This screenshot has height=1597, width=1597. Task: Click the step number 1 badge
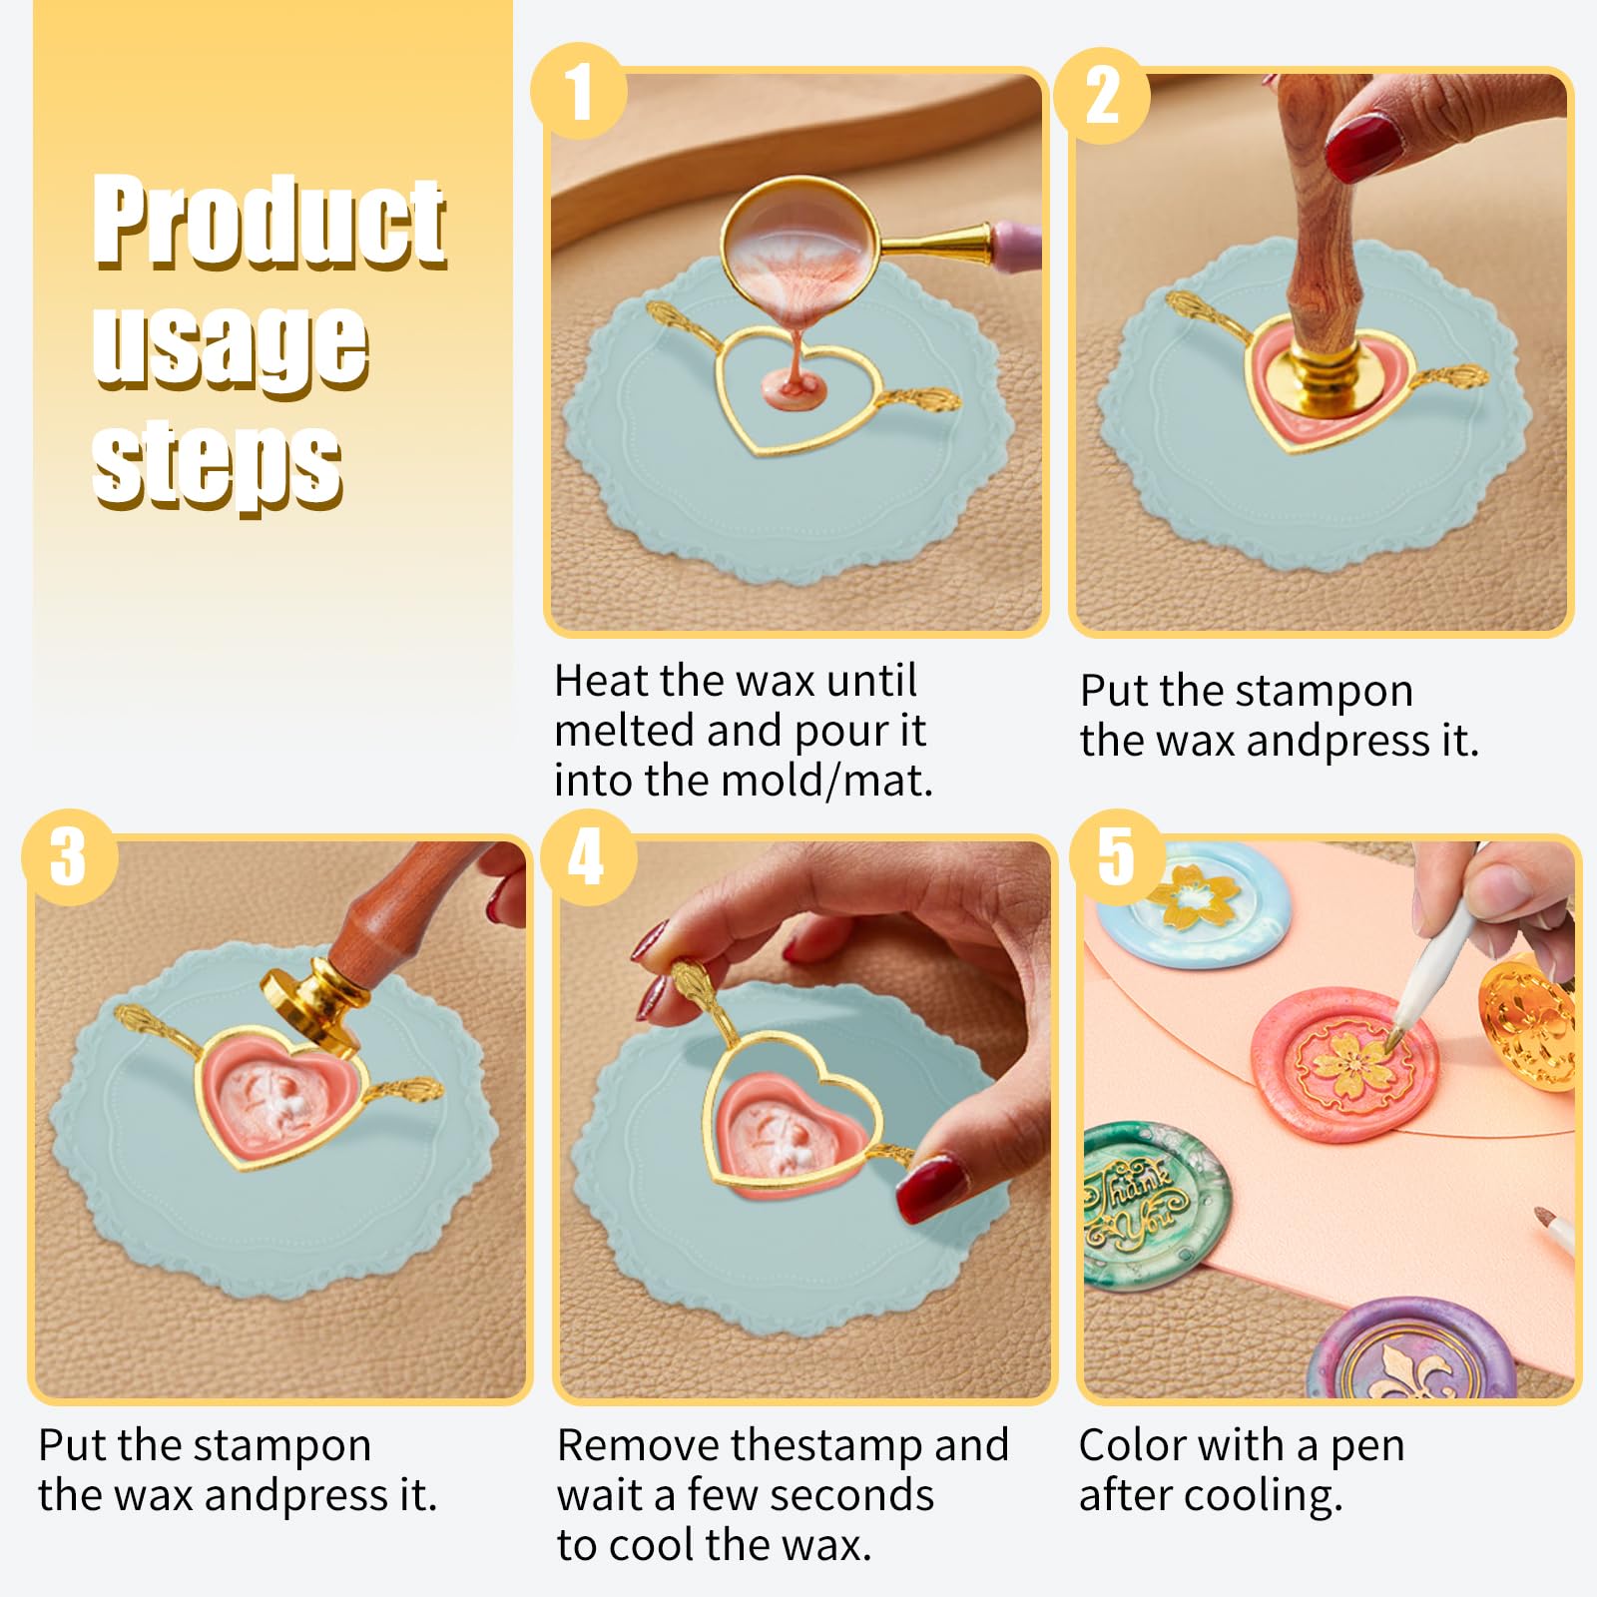click(x=579, y=91)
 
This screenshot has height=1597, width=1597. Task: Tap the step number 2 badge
click(x=1102, y=96)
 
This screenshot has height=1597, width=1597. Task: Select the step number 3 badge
click(x=69, y=857)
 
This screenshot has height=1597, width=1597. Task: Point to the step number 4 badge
click(x=587, y=857)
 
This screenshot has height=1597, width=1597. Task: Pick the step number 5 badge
click(x=1117, y=857)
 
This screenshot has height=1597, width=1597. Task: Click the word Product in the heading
click(x=269, y=221)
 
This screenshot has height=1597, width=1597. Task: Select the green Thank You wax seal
click(x=1156, y=1206)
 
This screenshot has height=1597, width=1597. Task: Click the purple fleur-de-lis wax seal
click(x=1412, y=1348)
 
